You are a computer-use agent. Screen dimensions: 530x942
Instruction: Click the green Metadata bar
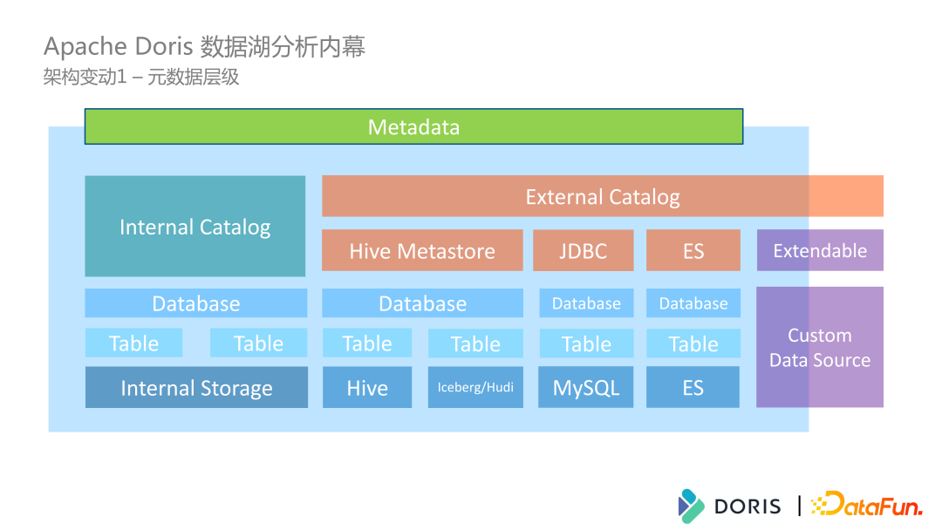click(413, 127)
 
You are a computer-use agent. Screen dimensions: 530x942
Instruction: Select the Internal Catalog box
click(195, 227)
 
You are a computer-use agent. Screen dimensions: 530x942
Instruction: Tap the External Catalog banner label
click(602, 197)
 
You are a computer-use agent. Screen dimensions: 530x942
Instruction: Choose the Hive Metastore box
click(422, 251)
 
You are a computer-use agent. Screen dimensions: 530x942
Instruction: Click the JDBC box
click(583, 251)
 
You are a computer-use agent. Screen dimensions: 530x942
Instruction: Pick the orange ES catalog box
click(693, 251)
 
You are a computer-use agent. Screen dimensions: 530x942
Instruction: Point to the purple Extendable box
click(820, 251)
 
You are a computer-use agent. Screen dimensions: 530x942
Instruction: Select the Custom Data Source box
click(820, 347)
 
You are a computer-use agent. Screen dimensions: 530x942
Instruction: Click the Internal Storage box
click(196, 388)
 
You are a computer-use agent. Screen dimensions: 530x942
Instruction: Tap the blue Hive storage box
click(367, 388)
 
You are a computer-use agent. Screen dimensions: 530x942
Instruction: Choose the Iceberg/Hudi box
click(475, 388)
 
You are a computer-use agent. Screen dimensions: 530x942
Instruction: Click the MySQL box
click(586, 388)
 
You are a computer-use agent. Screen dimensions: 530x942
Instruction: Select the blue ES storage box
click(693, 388)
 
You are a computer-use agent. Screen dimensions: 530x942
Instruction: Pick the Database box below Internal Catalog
click(196, 303)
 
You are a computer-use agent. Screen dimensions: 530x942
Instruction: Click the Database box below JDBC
click(586, 303)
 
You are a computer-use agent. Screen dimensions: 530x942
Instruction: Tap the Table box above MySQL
click(586, 343)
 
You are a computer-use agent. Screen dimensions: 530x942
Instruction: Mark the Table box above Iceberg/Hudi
click(475, 343)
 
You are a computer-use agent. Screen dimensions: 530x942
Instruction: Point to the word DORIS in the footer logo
click(747, 506)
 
